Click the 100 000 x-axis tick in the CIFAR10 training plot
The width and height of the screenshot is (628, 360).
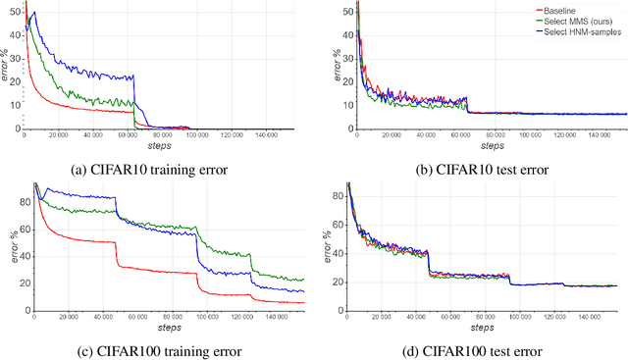pyautogui.click(x=205, y=135)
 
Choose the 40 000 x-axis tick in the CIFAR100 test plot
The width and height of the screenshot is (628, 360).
pyautogui.click(x=419, y=317)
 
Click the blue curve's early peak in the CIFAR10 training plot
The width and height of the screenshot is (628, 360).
pyautogui.click(x=34, y=13)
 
